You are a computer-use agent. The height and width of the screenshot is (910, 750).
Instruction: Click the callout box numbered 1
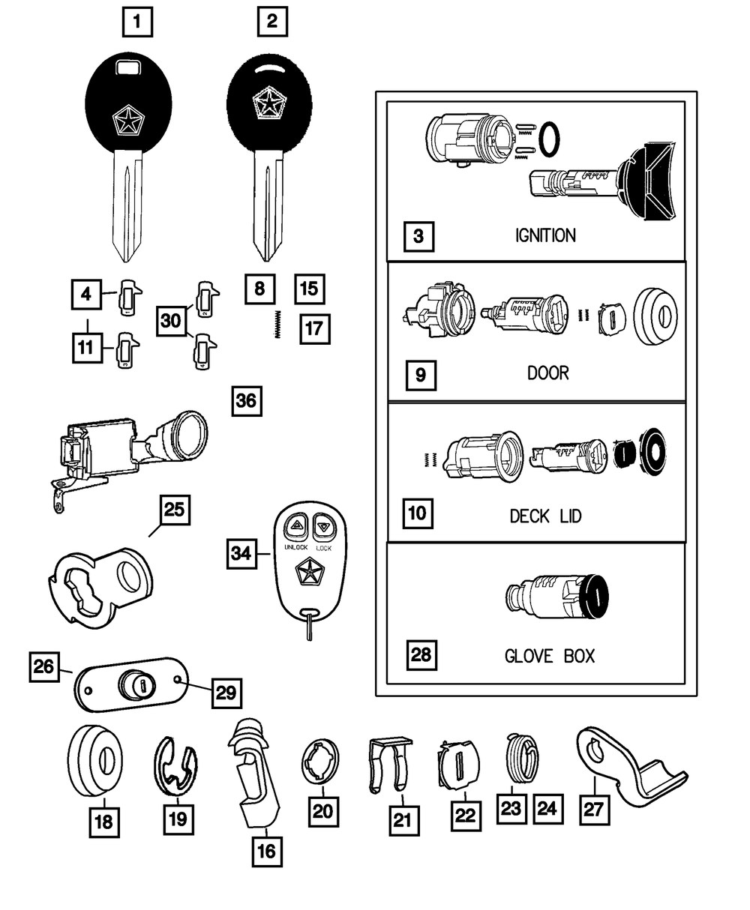tap(136, 21)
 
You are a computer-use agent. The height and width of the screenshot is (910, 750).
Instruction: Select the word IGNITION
tap(545, 235)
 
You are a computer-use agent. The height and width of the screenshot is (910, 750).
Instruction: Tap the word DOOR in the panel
tap(548, 373)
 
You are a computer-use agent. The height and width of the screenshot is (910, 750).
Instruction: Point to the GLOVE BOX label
tap(549, 657)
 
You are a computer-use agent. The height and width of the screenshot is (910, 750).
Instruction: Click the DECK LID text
tap(545, 516)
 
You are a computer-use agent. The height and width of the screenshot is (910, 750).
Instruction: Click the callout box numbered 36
tap(246, 401)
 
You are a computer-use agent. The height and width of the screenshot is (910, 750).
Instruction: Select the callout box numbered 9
tap(420, 373)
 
